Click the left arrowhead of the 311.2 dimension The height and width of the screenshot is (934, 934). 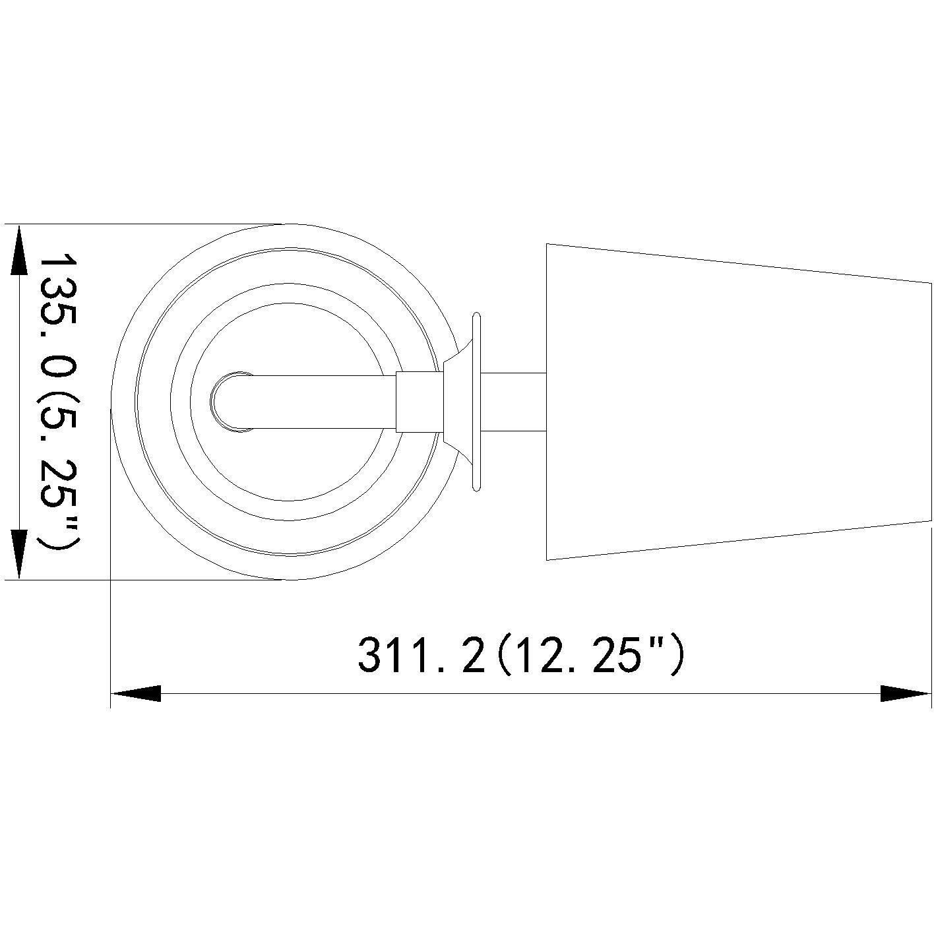click(136, 693)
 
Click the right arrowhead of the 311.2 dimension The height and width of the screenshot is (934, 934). click(906, 693)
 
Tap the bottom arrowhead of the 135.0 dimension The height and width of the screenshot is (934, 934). click(19, 554)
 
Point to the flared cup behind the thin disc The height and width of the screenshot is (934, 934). click(459, 402)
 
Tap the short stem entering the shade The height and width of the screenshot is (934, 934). click(514, 402)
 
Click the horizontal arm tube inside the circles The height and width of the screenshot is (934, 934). click(317, 402)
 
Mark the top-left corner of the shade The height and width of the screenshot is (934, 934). click(547, 244)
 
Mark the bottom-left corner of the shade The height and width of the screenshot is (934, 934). click(547, 559)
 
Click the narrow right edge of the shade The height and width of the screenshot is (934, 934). click(930, 402)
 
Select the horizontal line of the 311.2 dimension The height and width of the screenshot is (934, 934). click(521, 693)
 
